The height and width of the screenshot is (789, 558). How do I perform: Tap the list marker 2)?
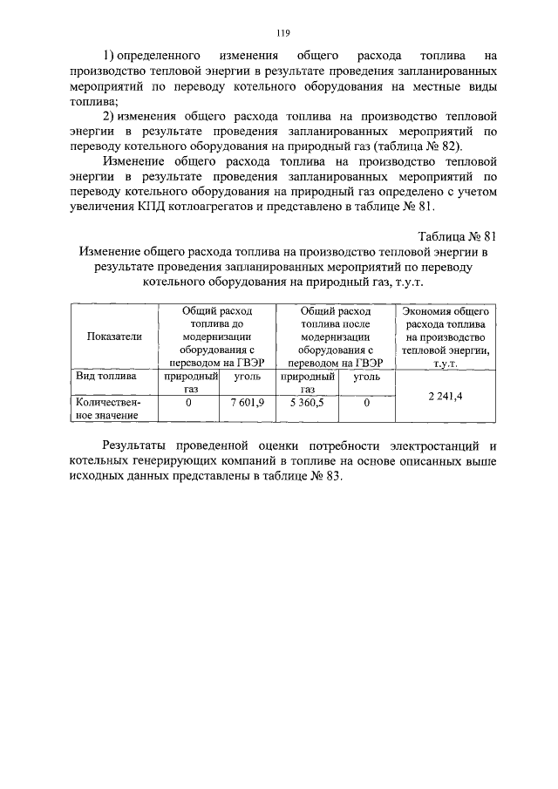[x=110, y=115]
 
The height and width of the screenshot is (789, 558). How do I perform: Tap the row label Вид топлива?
[x=106, y=377]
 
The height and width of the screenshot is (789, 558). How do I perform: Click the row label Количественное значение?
[x=107, y=409]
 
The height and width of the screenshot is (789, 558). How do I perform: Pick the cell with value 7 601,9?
[x=246, y=404]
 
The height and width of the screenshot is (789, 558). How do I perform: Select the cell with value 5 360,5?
[x=306, y=404]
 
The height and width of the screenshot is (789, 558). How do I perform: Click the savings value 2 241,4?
[x=445, y=395]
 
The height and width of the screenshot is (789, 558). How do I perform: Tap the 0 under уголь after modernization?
[x=366, y=404]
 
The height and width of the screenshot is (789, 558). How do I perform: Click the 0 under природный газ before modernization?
[x=187, y=404]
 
